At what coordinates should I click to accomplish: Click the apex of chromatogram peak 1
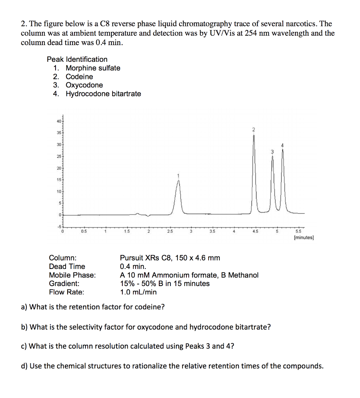[178, 182]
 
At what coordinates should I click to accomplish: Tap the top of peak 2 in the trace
[254, 136]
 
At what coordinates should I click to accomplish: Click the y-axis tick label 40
[59, 122]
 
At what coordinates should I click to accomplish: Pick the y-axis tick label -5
[59, 226]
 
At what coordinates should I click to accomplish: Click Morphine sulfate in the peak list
[93, 68]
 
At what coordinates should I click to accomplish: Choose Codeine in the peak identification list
[79, 77]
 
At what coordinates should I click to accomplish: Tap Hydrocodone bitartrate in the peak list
[103, 94]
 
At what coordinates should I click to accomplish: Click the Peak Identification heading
[77, 59]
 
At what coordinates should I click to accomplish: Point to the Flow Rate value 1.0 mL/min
[139, 292]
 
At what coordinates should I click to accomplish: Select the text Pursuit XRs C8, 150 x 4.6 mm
[170, 258]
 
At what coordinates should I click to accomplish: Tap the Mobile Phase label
[72, 275]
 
